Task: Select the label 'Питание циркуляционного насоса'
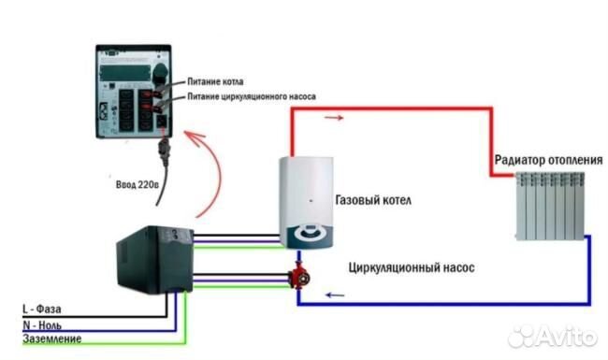click(252, 96)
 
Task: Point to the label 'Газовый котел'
click(372, 201)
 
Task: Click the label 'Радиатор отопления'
click(548, 160)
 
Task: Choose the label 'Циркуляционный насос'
click(411, 267)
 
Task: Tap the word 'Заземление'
click(51, 338)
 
